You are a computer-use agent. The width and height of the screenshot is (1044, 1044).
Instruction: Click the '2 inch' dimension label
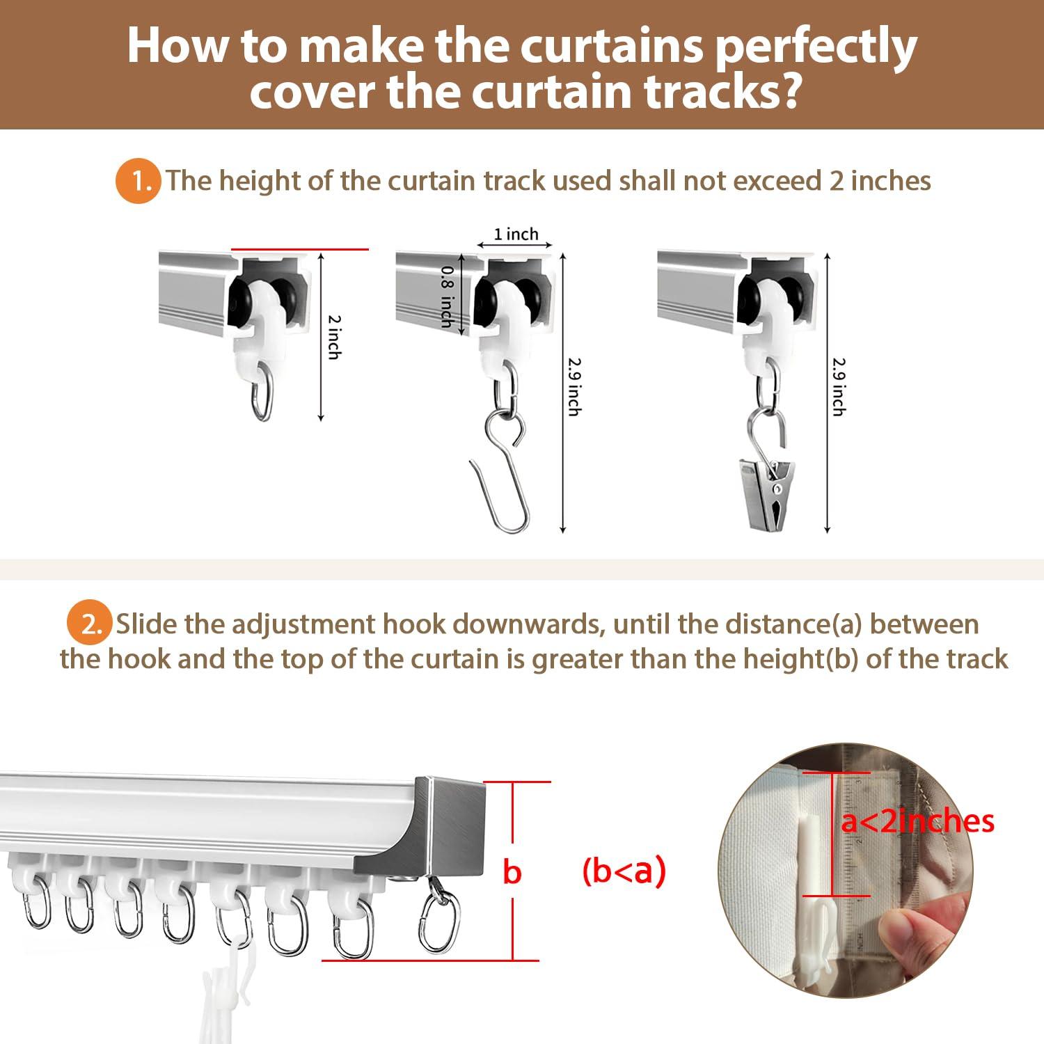(x=334, y=337)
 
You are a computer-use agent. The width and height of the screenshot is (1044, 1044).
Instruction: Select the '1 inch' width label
(x=516, y=235)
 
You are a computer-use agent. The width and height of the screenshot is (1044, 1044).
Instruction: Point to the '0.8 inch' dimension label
(x=447, y=296)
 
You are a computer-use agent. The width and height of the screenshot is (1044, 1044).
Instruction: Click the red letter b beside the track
(x=512, y=871)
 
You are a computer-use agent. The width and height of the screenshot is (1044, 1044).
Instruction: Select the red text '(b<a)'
(x=624, y=871)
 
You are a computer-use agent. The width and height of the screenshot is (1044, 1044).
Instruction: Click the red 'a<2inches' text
(x=918, y=822)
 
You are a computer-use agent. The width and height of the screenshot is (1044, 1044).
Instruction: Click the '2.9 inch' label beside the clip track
(x=839, y=387)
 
